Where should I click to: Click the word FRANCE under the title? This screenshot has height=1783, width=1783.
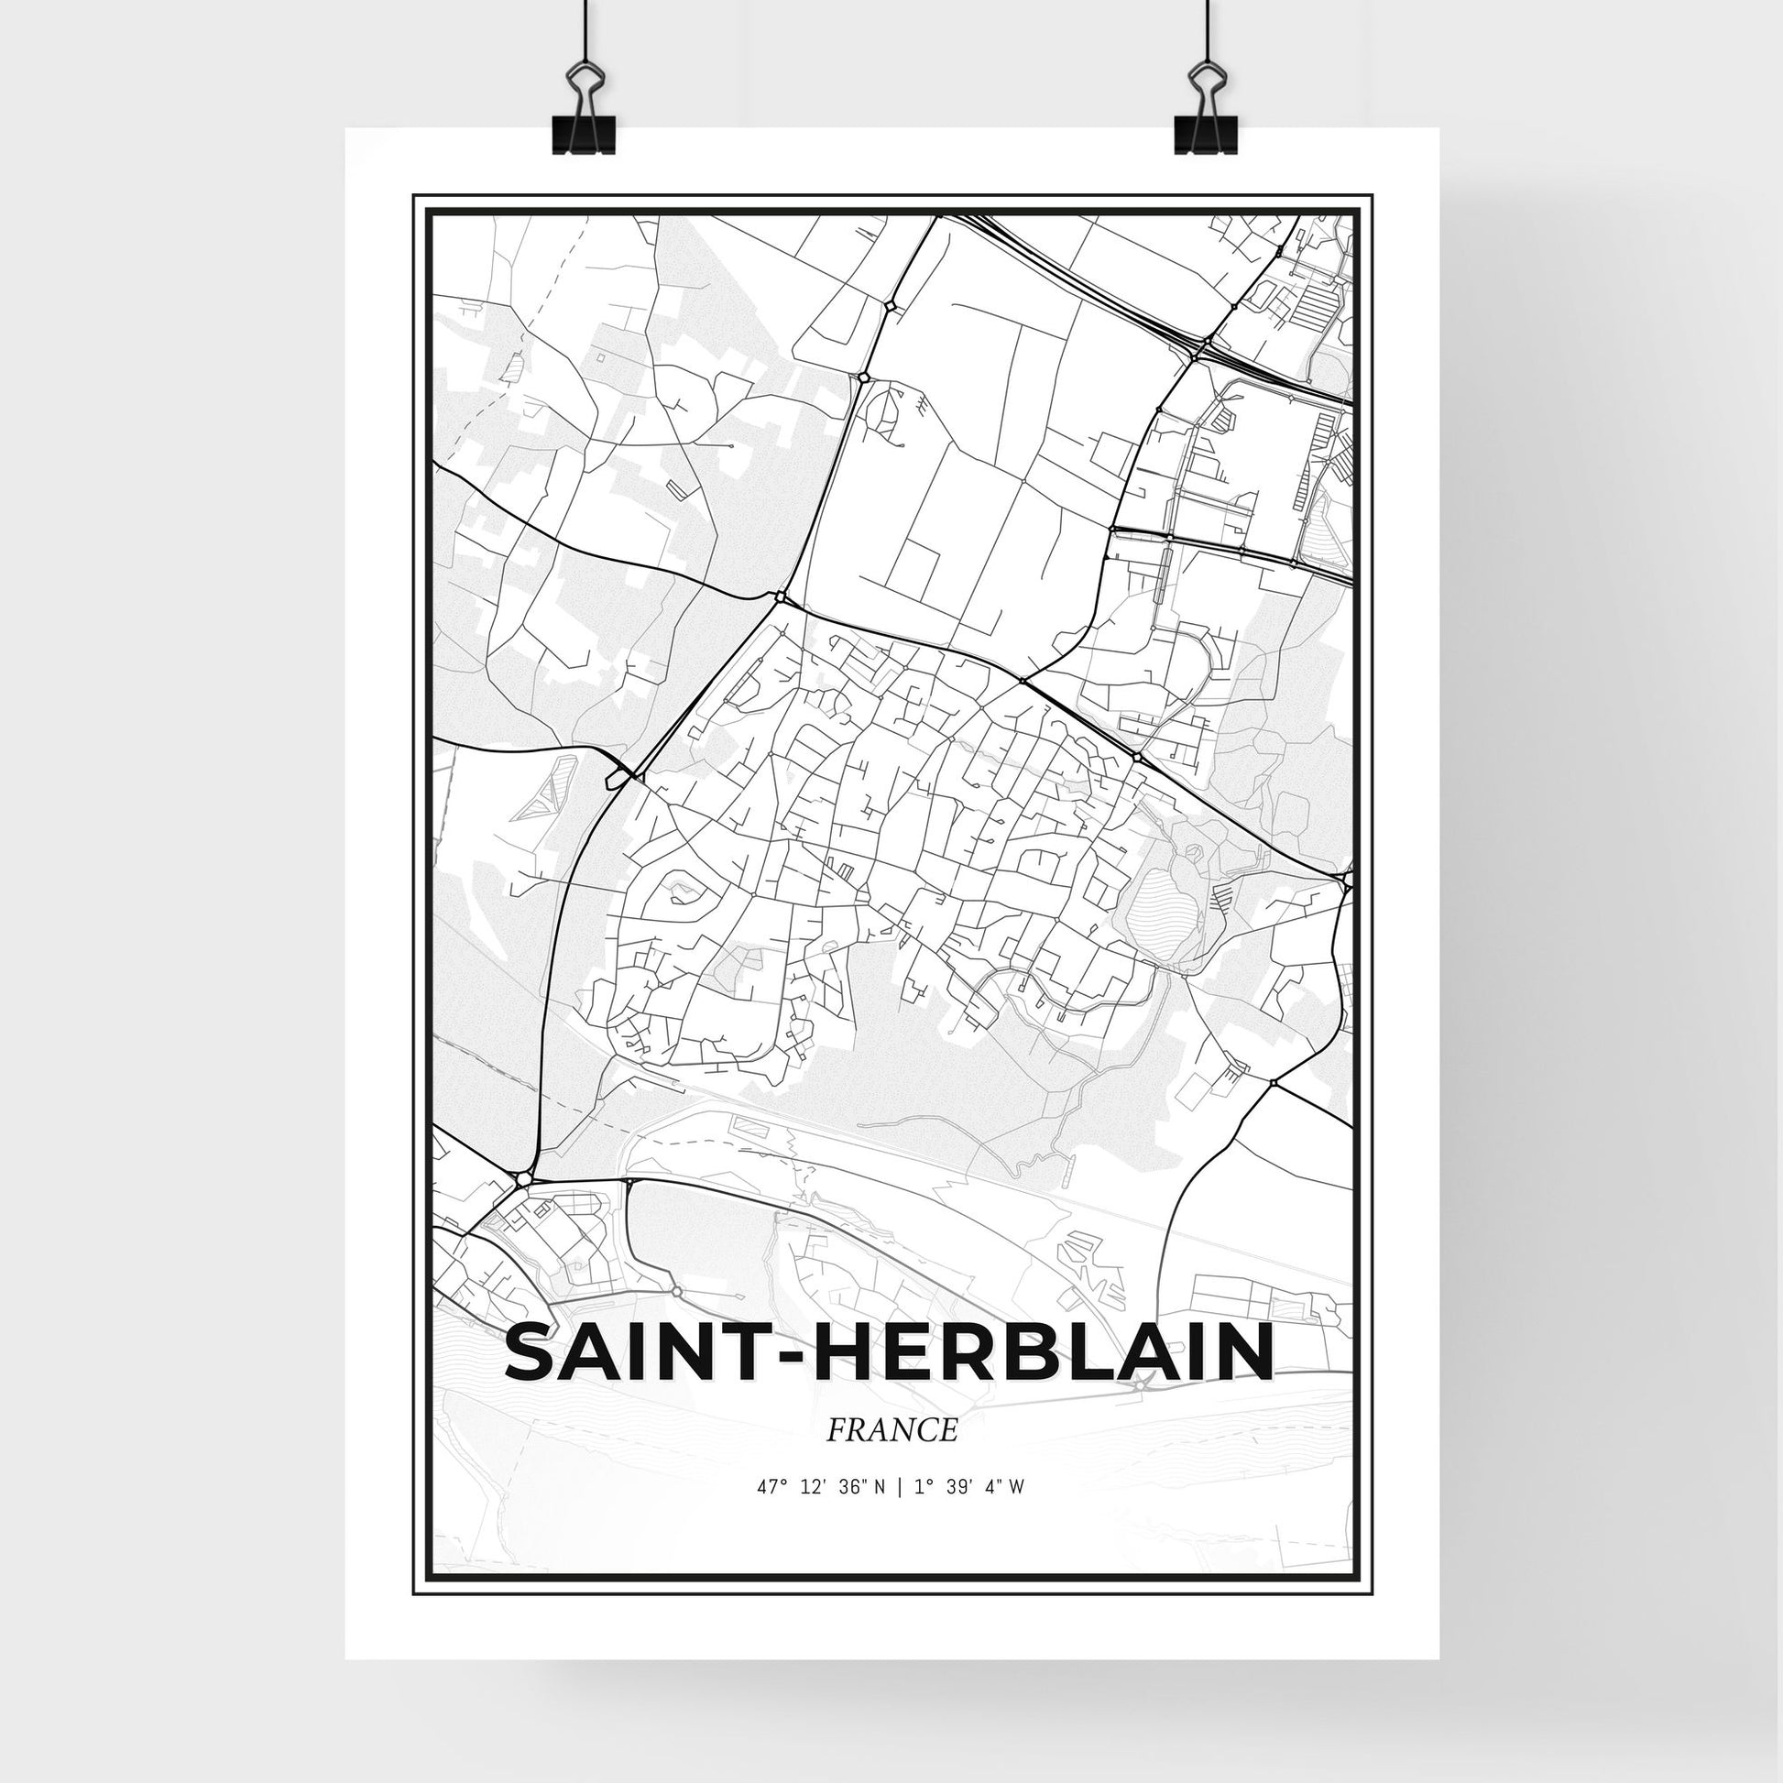tap(891, 1430)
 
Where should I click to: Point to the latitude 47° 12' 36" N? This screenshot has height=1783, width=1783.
tap(821, 1514)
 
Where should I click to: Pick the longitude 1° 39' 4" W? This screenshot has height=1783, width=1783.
tap(970, 1514)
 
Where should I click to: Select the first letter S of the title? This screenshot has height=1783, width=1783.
tap(533, 1353)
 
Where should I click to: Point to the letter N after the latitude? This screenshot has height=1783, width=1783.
tap(881, 1514)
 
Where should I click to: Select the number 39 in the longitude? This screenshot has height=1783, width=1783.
tap(955, 1514)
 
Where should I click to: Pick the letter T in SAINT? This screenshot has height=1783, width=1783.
tap(749, 1353)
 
